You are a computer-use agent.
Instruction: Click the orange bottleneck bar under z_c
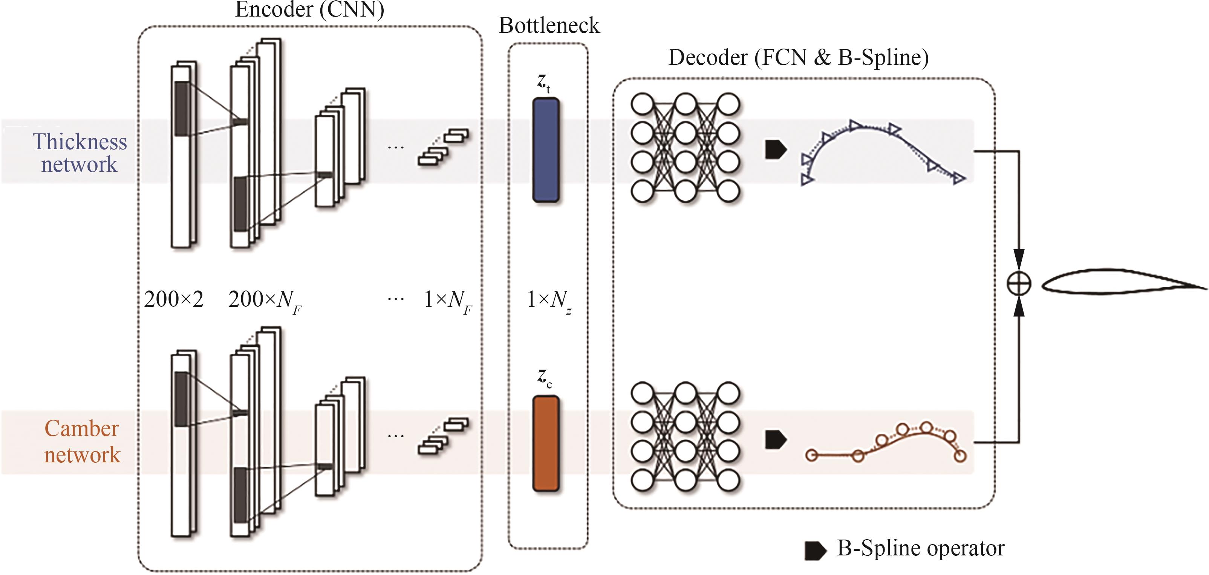click(x=546, y=443)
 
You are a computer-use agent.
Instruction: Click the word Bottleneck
click(x=549, y=25)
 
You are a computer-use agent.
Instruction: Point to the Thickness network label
click(x=79, y=153)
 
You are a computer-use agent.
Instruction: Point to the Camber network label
click(x=82, y=442)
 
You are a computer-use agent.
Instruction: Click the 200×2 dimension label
click(x=174, y=299)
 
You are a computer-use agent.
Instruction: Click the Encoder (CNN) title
click(x=309, y=9)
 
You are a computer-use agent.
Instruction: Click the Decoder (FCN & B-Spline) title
click(x=798, y=58)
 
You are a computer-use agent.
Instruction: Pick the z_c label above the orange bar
click(x=545, y=378)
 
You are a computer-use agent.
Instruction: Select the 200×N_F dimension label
click(x=264, y=300)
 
